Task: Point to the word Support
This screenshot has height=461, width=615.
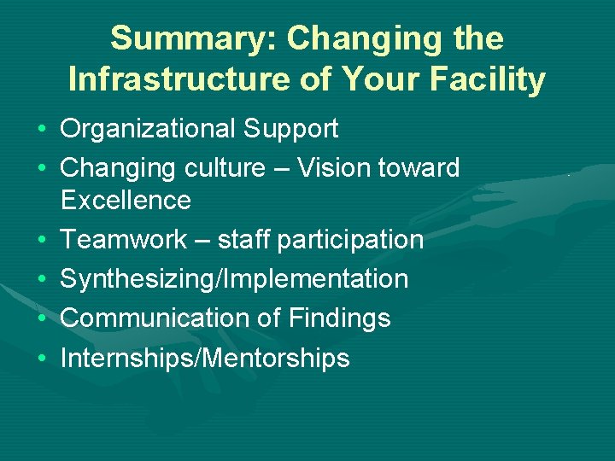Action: tap(290, 129)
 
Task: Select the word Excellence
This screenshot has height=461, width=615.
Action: tap(126, 201)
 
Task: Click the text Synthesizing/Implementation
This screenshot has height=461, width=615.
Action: tap(234, 279)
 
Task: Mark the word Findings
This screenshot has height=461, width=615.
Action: tap(339, 318)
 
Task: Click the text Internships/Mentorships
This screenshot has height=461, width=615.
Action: tap(205, 358)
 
